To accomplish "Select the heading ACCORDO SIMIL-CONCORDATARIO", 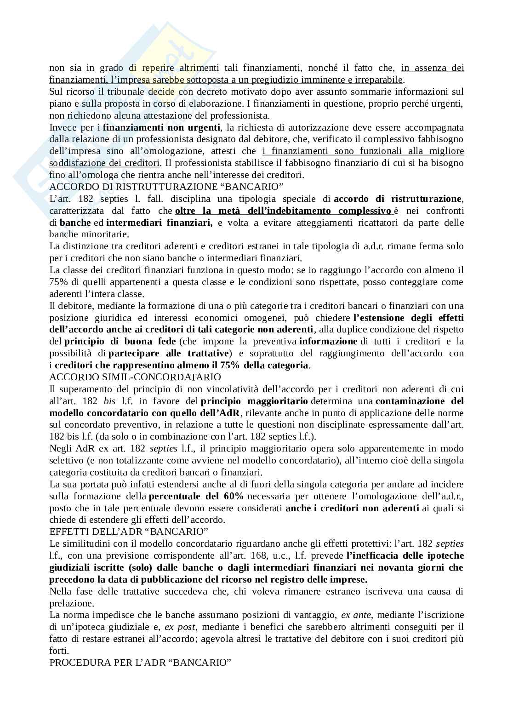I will tap(135, 377).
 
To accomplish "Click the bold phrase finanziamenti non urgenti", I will tap(161, 127).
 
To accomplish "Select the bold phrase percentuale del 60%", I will tap(196, 496).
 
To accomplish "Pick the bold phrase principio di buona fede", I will tap(120, 341).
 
